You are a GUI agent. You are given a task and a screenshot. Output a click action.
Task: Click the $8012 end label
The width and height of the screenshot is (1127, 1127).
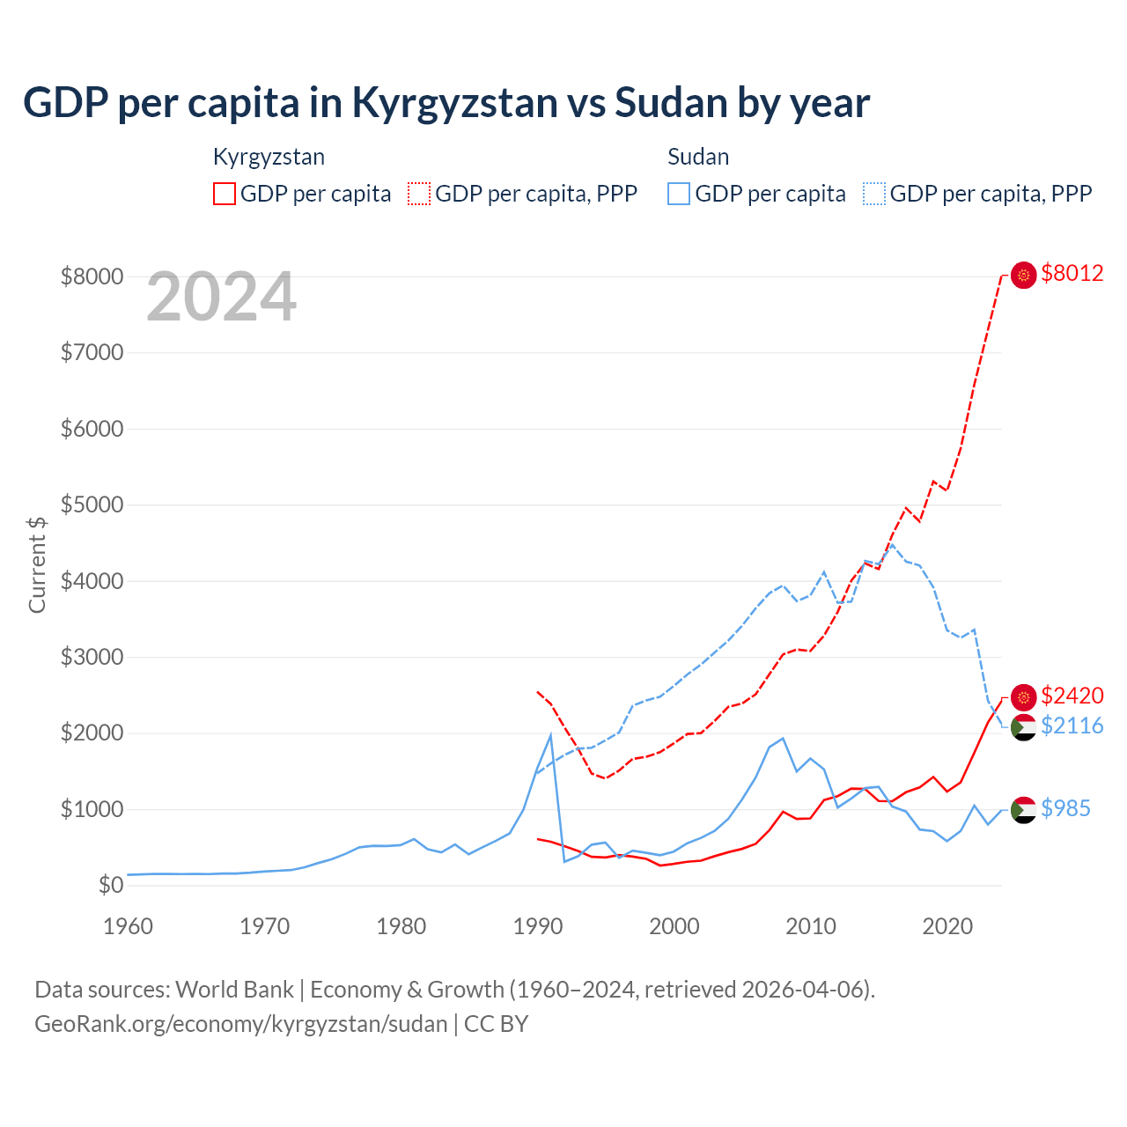click(x=1072, y=274)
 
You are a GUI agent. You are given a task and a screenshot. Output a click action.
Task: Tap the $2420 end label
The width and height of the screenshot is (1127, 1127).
click(x=1072, y=696)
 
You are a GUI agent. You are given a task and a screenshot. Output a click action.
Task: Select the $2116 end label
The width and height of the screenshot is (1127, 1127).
click(x=1072, y=726)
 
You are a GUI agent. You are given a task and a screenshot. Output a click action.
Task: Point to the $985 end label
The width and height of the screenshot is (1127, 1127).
click(x=1065, y=808)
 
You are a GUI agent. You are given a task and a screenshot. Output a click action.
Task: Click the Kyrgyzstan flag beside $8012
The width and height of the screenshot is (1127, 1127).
click(x=1023, y=275)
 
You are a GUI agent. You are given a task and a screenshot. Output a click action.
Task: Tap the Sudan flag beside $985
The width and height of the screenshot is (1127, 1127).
click(x=1023, y=809)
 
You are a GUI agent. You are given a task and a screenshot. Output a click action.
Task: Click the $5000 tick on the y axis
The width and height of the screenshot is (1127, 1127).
click(x=92, y=505)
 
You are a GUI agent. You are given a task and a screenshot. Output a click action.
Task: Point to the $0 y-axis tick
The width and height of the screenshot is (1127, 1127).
click(x=110, y=885)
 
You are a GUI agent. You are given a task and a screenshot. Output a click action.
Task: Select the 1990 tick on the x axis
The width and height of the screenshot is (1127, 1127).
click(x=537, y=926)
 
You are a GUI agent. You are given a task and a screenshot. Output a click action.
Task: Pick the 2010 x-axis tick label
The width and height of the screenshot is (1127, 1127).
click(x=810, y=926)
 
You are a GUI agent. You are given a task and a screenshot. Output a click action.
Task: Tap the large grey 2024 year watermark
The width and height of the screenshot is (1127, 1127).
click(x=221, y=298)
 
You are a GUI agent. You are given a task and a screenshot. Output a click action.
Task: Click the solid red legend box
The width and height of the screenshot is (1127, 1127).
click(x=225, y=194)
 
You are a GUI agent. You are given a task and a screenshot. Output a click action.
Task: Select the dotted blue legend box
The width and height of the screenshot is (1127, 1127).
click(x=874, y=194)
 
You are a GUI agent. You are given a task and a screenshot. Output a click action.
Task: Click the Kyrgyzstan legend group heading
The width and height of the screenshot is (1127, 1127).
click(x=269, y=157)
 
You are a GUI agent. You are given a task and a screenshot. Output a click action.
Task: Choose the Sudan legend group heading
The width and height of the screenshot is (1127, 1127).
click(x=698, y=157)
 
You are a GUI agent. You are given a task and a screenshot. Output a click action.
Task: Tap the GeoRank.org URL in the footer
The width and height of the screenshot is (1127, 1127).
click(x=240, y=1024)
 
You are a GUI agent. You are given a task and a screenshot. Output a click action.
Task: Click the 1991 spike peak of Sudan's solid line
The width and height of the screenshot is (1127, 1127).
click(x=550, y=735)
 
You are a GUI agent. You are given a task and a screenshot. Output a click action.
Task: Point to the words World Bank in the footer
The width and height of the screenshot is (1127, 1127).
click(x=234, y=990)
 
